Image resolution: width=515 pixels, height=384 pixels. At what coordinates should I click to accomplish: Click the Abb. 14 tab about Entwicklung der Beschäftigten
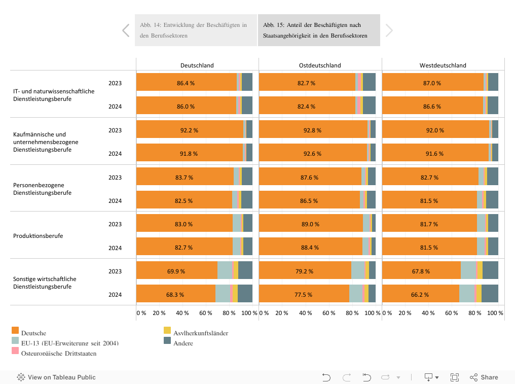(x=196, y=30)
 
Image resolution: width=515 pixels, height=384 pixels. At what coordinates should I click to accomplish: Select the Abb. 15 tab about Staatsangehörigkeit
(x=319, y=30)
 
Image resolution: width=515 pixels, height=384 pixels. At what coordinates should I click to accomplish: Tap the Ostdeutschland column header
(x=320, y=65)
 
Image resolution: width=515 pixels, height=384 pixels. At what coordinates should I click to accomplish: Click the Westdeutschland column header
(x=443, y=65)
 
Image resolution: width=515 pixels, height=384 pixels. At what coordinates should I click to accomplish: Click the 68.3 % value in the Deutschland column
(x=175, y=294)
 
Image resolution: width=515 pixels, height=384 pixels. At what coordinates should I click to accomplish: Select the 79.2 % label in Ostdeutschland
(x=305, y=271)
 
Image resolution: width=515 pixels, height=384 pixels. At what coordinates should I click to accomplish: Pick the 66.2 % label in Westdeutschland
(x=420, y=294)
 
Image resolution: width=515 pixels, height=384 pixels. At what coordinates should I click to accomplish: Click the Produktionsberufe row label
(x=38, y=236)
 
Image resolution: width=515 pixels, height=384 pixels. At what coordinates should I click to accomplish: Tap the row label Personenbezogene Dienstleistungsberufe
(x=42, y=189)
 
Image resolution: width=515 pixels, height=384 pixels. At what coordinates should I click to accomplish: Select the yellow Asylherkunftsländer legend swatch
(x=167, y=331)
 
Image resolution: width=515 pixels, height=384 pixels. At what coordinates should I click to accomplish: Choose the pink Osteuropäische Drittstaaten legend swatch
(x=15, y=351)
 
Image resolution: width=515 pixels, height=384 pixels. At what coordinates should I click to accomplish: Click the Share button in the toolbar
(x=484, y=377)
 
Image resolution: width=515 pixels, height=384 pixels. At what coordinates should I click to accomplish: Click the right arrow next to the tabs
(x=389, y=30)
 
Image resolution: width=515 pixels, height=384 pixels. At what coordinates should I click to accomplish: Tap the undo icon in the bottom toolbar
(x=326, y=377)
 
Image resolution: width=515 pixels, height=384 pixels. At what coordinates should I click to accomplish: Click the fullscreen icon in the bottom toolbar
(x=455, y=377)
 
